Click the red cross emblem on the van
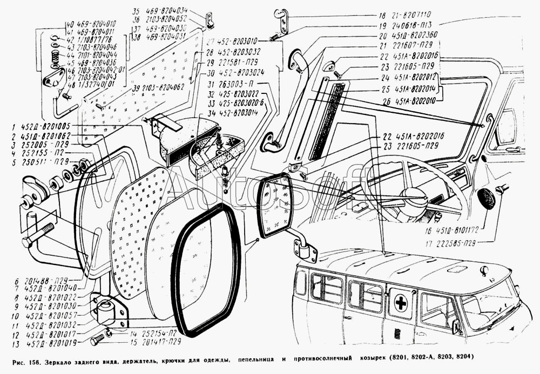pyautogui.click(x=400, y=303)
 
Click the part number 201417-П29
pyautogui.click(x=156, y=342)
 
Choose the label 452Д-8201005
pyautogui.click(x=49, y=126)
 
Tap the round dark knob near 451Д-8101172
pyautogui.click(x=488, y=199)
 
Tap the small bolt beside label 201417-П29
pyautogui.click(x=98, y=341)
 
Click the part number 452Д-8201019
pyautogui.click(x=52, y=343)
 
